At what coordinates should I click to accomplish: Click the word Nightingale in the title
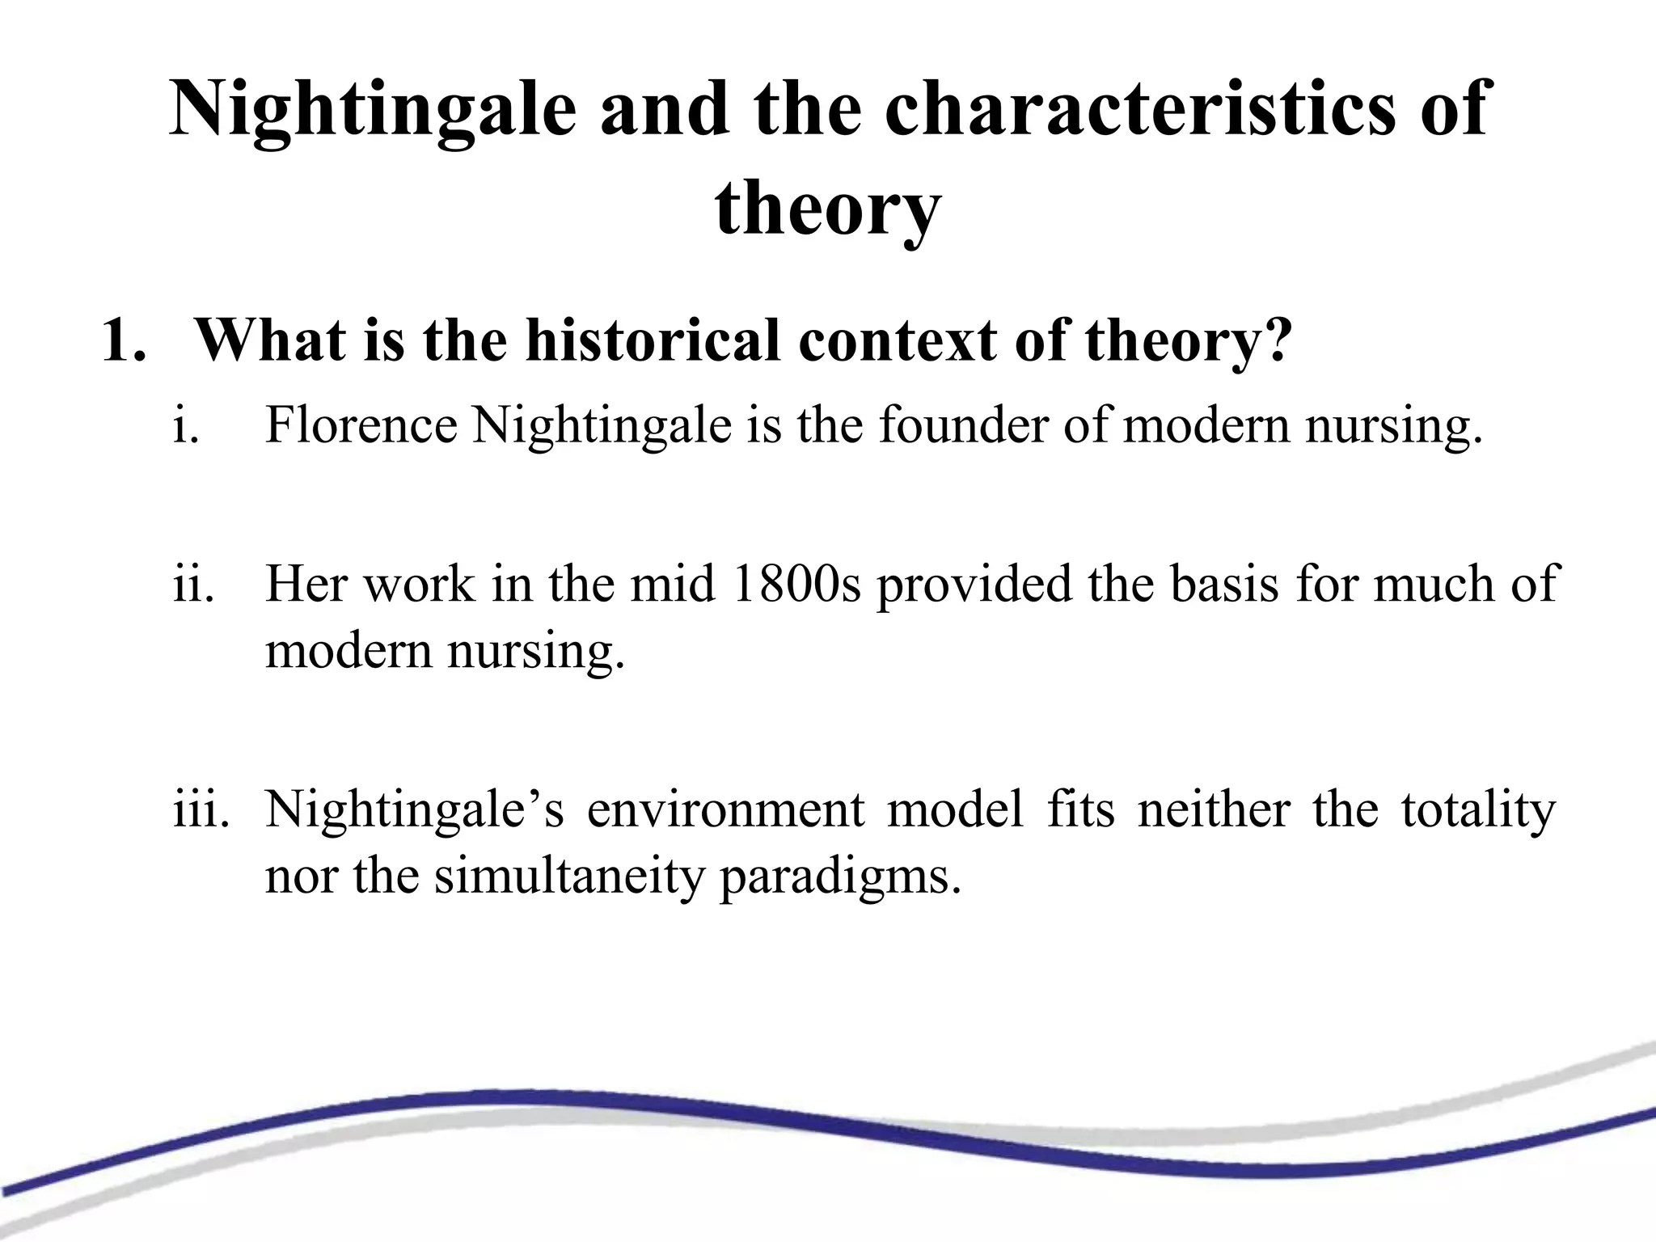click(x=373, y=111)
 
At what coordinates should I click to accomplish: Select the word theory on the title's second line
click(x=828, y=209)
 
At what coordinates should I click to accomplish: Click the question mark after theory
click(x=1274, y=340)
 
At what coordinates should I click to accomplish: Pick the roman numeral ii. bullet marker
click(x=193, y=583)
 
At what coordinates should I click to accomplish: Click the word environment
click(x=725, y=809)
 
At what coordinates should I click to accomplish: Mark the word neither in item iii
click(x=1213, y=809)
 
